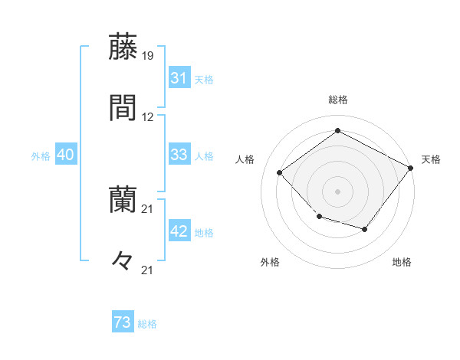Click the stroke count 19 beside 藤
tap(148, 56)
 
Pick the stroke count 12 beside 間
tap(148, 117)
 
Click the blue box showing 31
tap(179, 78)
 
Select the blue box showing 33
tap(179, 155)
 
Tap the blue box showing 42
tap(179, 232)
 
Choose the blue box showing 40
tap(66, 155)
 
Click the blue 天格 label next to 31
tap(204, 79)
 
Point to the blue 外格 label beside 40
tap(41, 155)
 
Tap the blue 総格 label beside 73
tap(148, 324)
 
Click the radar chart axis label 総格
tap(338, 100)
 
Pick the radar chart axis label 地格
tap(402, 263)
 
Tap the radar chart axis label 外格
tap(270, 263)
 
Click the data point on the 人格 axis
tap(280, 173)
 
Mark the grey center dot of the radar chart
tap(337, 191)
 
